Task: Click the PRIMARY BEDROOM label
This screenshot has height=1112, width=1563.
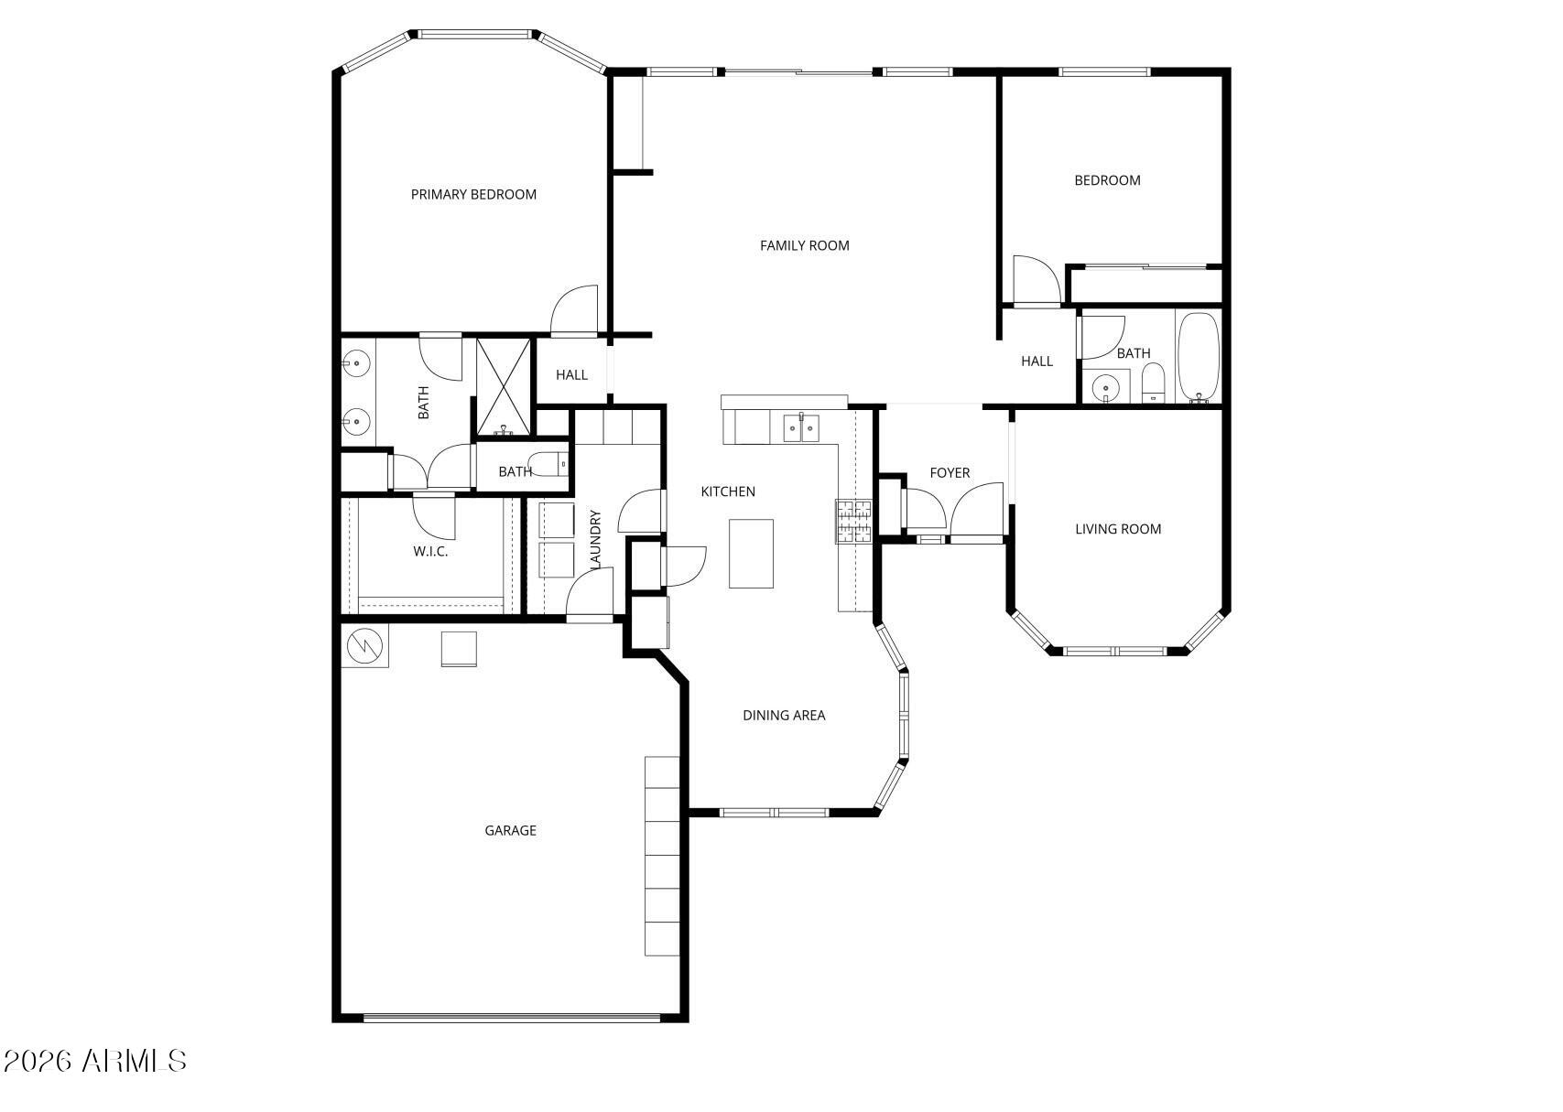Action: [x=473, y=194]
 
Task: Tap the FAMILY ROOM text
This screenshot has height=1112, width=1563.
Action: [x=804, y=245]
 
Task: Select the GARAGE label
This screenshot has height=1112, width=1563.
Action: [x=510, y=830]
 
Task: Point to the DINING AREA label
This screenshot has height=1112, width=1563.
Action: [x=784, y=715]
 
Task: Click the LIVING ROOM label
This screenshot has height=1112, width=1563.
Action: [x=1117, y=528]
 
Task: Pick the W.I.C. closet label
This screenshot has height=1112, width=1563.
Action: [x=430, y=551]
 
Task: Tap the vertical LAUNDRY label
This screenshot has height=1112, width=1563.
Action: [x=596, y=539]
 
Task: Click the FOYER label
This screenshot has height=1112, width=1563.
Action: [x=950, y=472]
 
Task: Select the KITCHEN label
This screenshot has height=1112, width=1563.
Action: [x=728, y=491]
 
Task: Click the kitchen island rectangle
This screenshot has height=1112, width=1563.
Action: [x=751, y=553]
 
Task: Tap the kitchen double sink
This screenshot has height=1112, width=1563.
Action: [x=800, y=427]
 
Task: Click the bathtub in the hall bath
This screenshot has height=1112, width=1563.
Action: [x=1198, y=357]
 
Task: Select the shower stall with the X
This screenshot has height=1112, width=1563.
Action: [x=503, y=386]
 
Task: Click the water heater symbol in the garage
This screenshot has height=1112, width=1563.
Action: [x=365, y=646]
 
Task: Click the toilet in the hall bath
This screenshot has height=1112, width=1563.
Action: [x=1153, y=383]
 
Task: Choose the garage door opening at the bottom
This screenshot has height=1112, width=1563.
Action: [x=511, y=1017]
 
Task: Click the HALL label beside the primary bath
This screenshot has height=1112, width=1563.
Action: [x=571, y=374]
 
